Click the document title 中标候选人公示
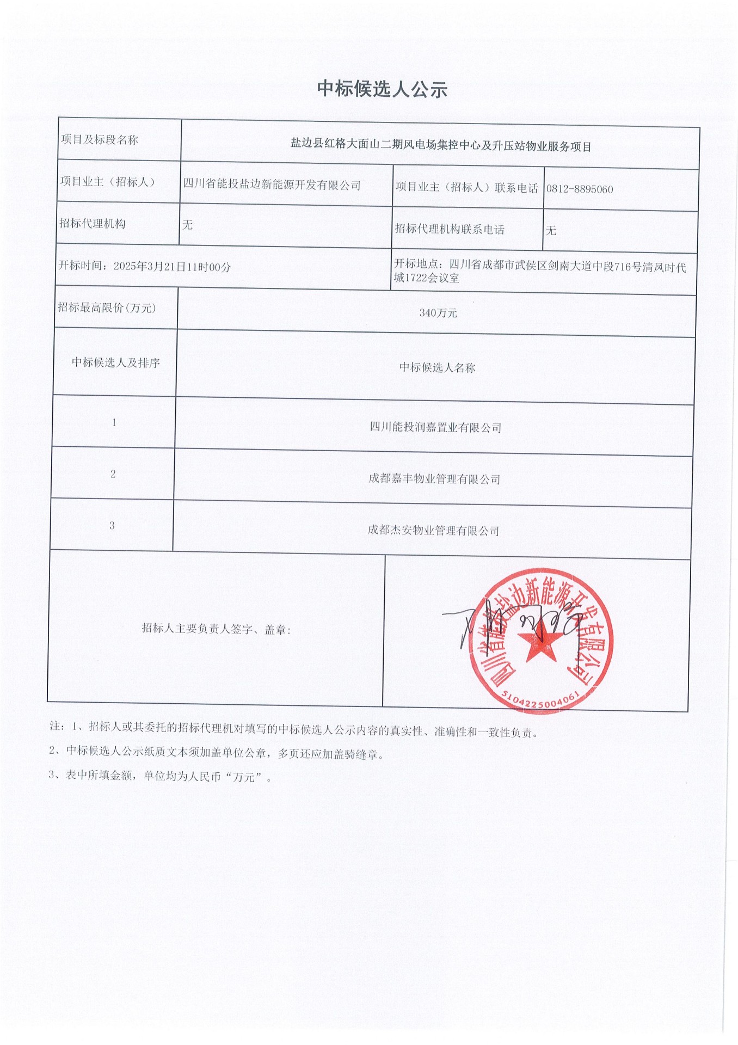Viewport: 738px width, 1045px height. [382, 89]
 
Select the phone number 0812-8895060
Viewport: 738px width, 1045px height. [580, 189]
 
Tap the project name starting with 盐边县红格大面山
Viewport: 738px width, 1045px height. [440, 146]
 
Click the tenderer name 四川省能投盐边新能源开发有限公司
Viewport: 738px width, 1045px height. [272, 185]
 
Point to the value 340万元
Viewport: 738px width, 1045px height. [438, 313]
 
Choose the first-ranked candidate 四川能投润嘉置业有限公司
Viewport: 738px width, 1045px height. [435, 427]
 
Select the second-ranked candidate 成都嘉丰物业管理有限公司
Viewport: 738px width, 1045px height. [434, 479]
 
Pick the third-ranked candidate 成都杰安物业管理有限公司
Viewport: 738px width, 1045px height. [433, 530]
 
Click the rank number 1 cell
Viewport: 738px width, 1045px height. [114, 422]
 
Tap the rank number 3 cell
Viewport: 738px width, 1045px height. [112, 526]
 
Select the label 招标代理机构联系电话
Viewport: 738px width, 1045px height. [450, 230]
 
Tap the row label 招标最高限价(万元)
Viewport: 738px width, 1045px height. [107, 308]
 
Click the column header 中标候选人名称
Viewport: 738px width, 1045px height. [437, 368]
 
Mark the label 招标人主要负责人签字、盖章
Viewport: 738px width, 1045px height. [216, 629]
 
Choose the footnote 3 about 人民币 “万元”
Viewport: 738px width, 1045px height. [161, 776]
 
